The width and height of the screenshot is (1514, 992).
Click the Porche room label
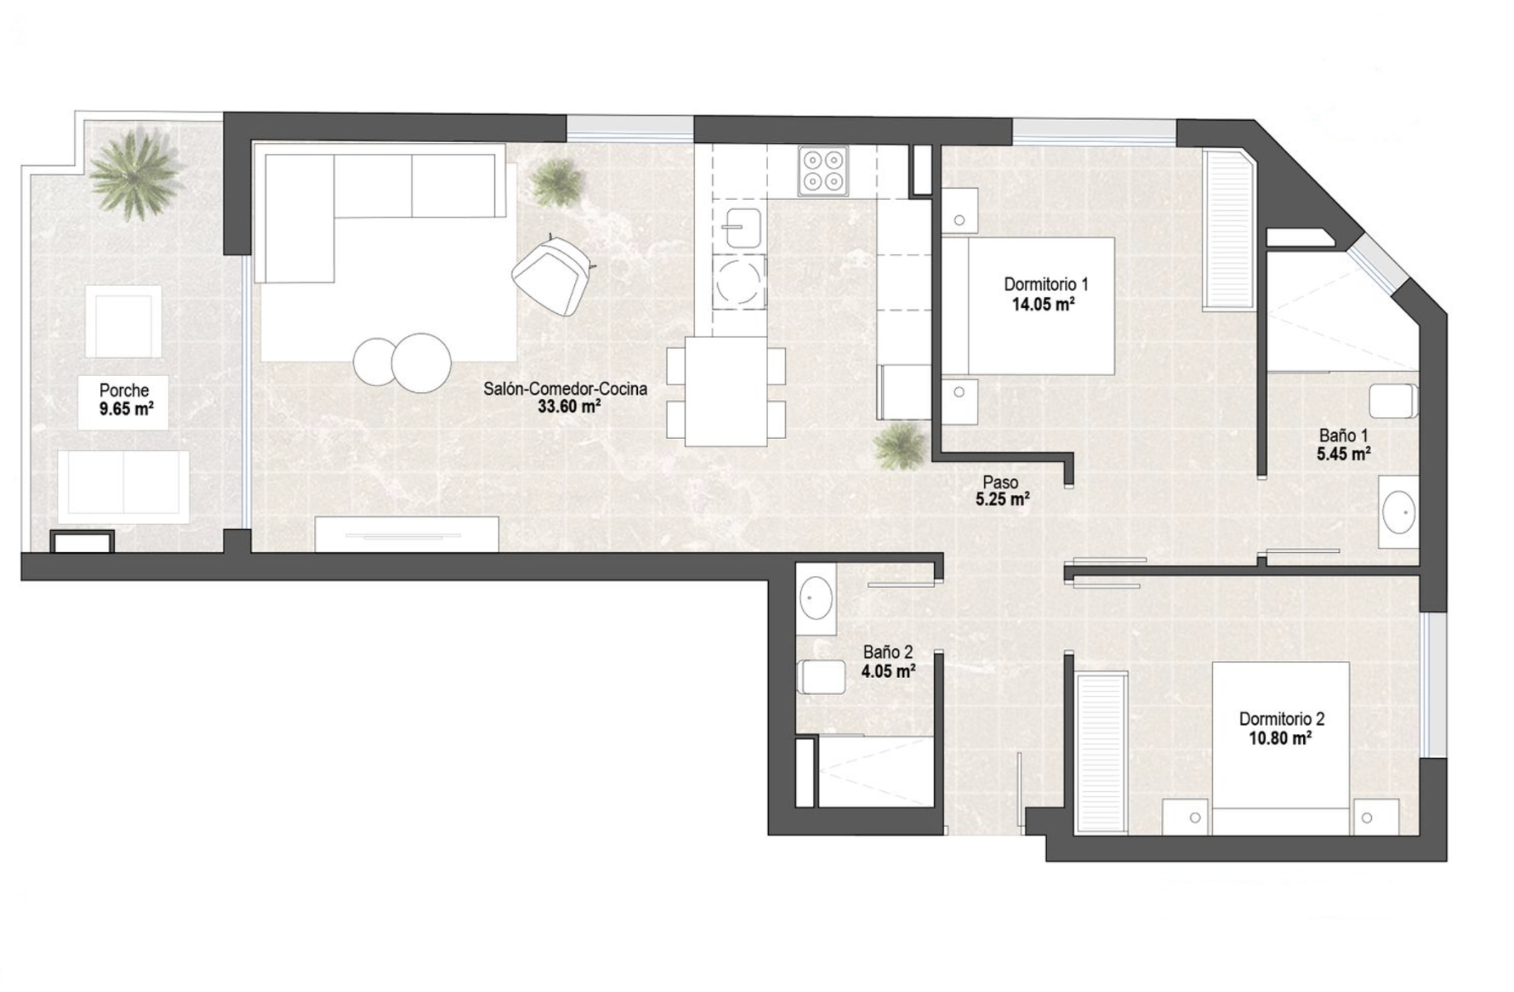(x=124, y=390)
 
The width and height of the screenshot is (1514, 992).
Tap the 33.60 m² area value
(x=569, y=407)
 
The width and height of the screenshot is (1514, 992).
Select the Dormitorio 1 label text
(x=1045, y=284)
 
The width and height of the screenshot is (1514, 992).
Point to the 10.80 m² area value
(x=1280, y=738)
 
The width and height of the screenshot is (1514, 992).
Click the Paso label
(x=1000, y=482)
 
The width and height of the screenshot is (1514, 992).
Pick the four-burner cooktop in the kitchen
(x=823, y=171)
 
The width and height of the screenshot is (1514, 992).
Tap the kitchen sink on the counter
(x=743, y=229)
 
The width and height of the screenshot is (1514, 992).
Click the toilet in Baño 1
(x=1394, y=401)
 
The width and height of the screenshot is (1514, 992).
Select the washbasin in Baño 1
(x=1399, y=512)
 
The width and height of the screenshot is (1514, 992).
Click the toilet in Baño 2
(x=821, y=677)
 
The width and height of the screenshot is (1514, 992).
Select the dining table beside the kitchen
(x=726, y=391)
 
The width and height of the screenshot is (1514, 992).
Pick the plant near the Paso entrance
(x=899, y=446)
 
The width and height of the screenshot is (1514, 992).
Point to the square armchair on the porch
(x=123, y=322)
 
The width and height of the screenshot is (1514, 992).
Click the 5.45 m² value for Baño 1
(x=1344, y=454)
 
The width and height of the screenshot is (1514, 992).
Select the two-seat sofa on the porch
(x=123, y=486)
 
